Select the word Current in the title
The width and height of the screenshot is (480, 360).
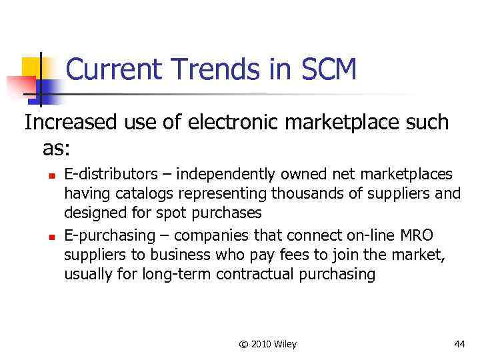(111, 69)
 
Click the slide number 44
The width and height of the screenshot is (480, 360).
(459, 344)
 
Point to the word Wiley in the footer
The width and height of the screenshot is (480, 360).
(284, 344)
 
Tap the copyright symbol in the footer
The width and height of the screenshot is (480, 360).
(243, 344)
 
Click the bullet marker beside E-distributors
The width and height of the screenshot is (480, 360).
(50, 176)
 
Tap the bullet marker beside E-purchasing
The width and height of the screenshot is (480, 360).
(50, 237)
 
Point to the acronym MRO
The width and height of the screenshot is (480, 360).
(415, 236)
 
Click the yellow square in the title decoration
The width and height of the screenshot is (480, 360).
(32, 67)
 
